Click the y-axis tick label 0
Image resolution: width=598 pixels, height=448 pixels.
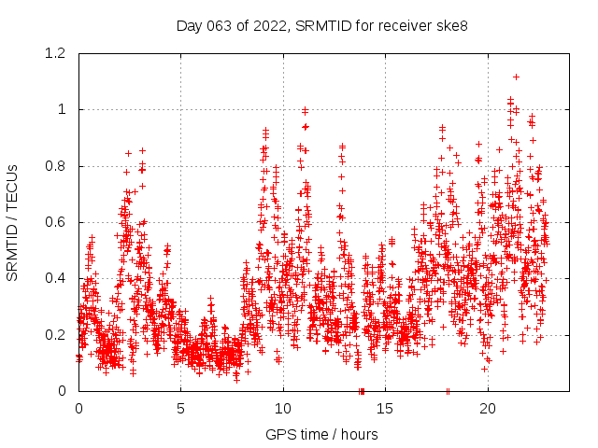[x=64, y=391]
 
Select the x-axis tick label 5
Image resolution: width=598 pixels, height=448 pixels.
[x=181, y=409]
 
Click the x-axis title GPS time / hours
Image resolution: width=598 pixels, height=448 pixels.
[x=321, y=434]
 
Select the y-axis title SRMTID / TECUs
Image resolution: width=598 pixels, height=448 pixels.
[x=13, y=222]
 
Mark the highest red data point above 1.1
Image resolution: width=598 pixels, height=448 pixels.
[x=516, y=77]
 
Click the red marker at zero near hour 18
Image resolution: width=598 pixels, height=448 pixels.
[x=448, y=391]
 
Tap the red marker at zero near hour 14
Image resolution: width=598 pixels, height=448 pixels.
[x=362, y=391]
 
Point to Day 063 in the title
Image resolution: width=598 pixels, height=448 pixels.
[x=202, y=25]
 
